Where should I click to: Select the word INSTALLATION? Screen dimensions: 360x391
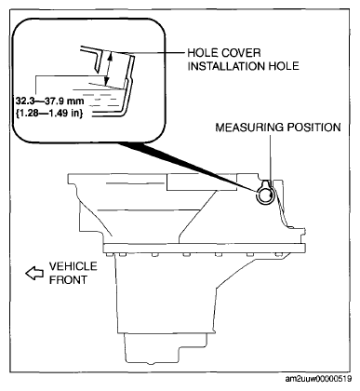click(226, 66)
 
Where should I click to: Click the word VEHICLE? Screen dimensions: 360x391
click(73, 266)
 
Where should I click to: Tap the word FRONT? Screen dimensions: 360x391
click(68, 279)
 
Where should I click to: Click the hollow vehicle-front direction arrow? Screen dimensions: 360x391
click(34, 273)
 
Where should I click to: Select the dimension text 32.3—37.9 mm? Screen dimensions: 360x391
click(49, 101)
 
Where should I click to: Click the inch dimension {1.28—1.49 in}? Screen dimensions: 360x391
click(49, 114)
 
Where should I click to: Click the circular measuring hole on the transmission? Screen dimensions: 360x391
click(265, 195)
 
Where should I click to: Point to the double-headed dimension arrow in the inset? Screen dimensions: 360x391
click(108, 69)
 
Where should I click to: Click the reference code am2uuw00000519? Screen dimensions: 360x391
click(318, 379)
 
